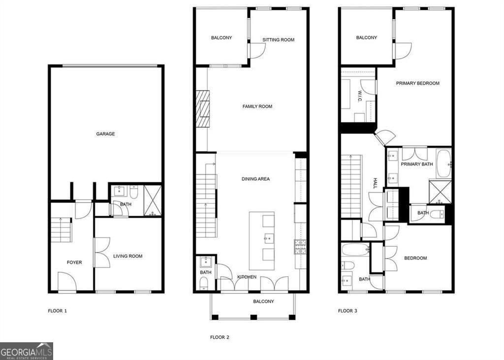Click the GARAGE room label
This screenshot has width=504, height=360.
coord(105,134)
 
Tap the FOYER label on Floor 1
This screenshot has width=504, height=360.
coord(74,262)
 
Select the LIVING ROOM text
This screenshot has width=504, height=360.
coord(128,256)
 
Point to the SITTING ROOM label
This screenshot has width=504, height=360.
coord(278,40)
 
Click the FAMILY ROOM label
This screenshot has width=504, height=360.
coord(257,106)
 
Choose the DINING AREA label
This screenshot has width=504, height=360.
coord(255,179)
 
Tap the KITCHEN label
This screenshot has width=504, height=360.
coord(247,277)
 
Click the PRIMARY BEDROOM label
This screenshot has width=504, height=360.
coord(417,83)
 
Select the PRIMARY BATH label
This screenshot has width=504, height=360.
coord(417,164)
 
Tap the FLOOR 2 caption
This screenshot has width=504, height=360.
coord(220,337)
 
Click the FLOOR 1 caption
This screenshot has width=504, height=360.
coord(57,311)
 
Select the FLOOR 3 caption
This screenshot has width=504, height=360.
coord(347,311)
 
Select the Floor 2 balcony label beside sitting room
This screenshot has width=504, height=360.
coord(221,38)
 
